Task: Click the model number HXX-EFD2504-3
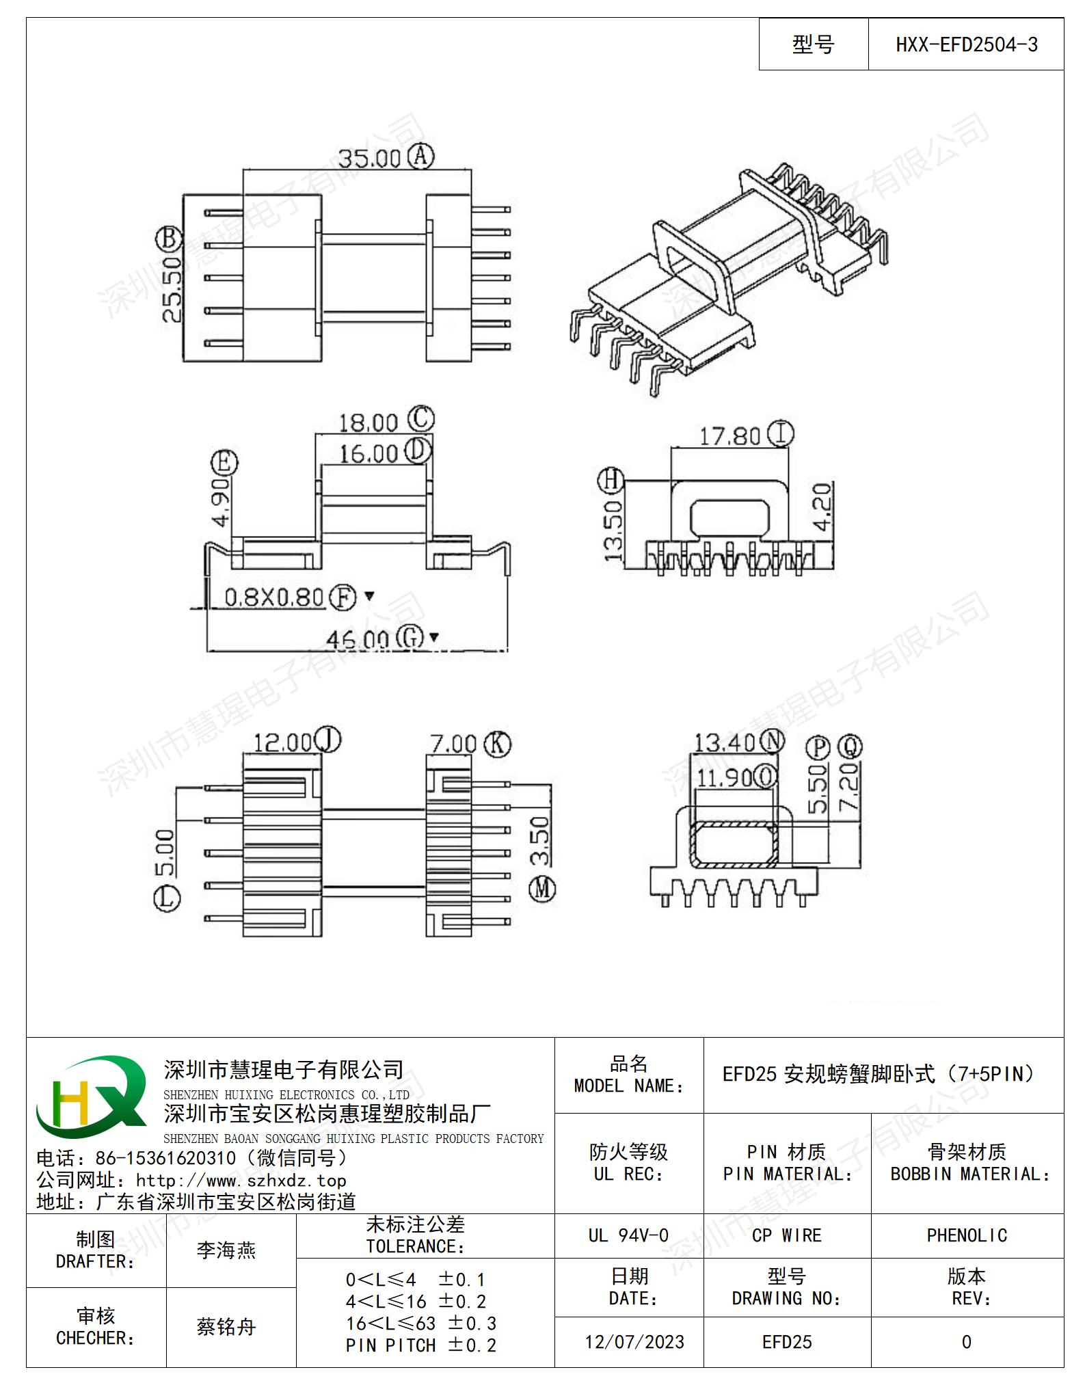[x=966, y=45]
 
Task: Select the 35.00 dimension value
[x=370, y=159]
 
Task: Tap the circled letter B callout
[x=168, y=240]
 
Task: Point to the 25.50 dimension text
[x=172, y=289]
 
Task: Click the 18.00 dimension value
[x=368, y=422]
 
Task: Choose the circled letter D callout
[x=418, y=451]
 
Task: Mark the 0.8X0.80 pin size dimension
[x=273, y=597]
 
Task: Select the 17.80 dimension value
[x=729, y=436]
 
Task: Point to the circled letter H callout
[x=611, y=481]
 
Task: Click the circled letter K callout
[x=497, y=744]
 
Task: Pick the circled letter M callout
[x=543, y=889]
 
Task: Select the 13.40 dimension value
[x=725, y=742]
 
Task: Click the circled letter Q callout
[x=850, y=747]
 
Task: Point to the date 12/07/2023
[x=634, y=1342]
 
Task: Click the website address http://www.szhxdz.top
[x=241, y=1181]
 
